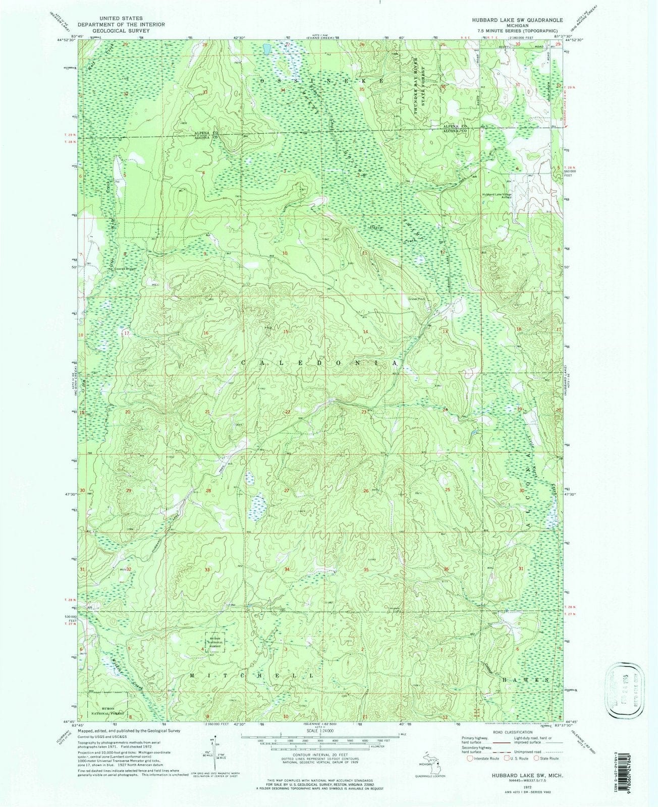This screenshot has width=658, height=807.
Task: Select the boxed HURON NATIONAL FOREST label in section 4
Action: pyautogui.click(x=215, y=642)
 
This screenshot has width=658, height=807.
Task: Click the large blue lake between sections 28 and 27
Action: pyautogui.click(x=258, y=502)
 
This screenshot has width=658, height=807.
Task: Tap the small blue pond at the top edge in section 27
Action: pyautogui.click(x=265, y=49)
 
